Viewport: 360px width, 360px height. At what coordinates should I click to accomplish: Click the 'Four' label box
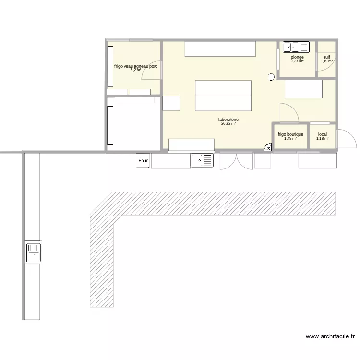coord(143,161)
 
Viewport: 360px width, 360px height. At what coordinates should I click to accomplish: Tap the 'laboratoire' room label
coord(228,120)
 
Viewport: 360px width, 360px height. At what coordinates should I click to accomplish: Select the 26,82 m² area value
coord(228,124)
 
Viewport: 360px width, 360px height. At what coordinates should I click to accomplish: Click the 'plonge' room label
coord(297,57)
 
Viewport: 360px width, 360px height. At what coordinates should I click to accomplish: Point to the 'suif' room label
coord(326,57)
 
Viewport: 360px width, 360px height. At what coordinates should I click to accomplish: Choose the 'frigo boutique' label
coord(290,134)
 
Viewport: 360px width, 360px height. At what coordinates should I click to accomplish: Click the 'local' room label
coord(322,134)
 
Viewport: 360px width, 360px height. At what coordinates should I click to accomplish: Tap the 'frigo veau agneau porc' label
coord(135,66)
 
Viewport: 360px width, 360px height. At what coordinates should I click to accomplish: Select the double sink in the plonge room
coord(296,47)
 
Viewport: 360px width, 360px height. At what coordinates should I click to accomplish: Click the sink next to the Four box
coord(202,160)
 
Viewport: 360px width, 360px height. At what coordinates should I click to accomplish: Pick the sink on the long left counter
coord(34,252)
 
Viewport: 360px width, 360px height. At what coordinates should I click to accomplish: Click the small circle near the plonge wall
coord(271,76)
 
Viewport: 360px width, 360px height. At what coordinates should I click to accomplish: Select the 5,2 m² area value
coord(135,70)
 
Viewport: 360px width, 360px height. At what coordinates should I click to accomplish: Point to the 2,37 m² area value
coord(297,61)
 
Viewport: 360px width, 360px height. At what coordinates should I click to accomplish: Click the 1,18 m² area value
coord(322,139)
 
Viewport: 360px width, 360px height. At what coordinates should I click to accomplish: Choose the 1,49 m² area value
coord(290,139)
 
